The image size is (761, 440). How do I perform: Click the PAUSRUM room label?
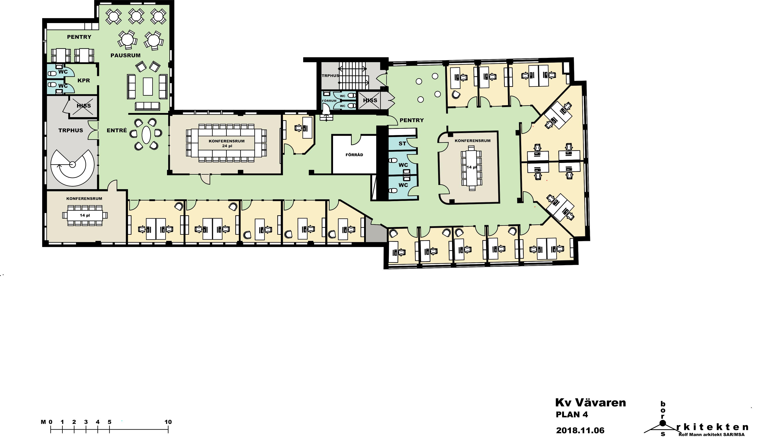tap(125, 55)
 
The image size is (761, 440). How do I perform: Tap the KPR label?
tap(84, 80)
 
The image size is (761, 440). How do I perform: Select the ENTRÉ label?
tap(117, 130)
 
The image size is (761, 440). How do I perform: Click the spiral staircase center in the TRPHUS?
tap(72, 165)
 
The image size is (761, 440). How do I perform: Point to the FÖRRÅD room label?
tap(354, 155)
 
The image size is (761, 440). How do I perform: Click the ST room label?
tap(402, 144)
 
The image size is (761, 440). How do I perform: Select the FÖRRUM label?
tap(329, 101)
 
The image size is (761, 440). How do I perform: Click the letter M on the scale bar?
tap(43, 422)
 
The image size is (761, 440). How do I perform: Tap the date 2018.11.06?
tap(580, 430)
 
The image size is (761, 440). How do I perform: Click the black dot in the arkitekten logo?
tap(662, 423)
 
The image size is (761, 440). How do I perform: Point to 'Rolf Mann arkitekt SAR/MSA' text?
tap(711, 435)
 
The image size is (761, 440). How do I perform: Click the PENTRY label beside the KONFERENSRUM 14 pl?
tap(412, 120)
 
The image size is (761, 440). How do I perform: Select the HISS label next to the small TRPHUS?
tap(370, 100)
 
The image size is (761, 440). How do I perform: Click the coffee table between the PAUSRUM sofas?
tap(148, 86)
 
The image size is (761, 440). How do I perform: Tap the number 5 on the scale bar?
tap(109, 422)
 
